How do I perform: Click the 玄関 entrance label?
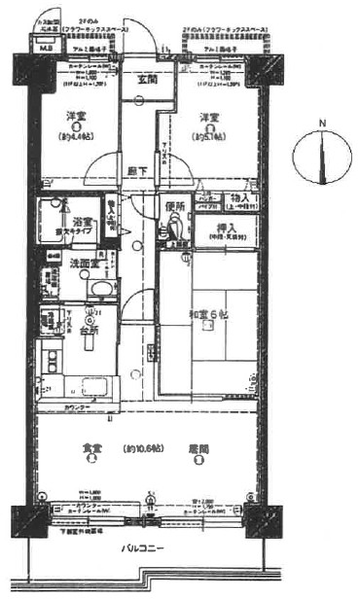tap(148, 80)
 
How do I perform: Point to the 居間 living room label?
tap(199, 448)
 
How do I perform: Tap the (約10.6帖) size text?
tap(143, 448)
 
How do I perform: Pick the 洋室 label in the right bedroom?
tap(209, 118)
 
